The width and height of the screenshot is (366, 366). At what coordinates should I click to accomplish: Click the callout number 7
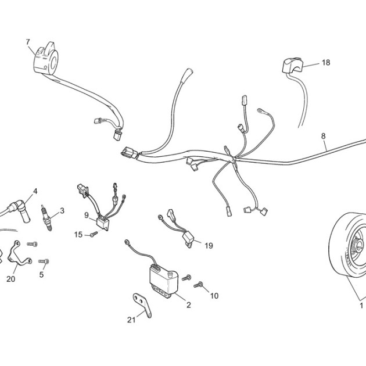point(28,42)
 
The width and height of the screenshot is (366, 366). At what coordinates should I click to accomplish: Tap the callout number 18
point(326,63)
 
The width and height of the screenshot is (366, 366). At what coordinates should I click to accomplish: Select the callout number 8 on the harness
point(323,136)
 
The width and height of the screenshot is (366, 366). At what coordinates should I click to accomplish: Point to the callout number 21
point(131,320)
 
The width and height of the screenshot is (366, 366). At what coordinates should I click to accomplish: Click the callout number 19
point(209,246)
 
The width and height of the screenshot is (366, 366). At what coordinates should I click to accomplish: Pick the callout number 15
point(78,234)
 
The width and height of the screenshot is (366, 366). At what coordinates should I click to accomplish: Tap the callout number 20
point(10,279)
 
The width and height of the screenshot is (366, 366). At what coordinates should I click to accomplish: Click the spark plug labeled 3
point(46,217)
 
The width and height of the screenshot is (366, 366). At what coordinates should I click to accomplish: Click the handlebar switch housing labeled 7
point(46,59)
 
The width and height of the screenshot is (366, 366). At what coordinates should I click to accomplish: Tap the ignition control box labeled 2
point(163,282)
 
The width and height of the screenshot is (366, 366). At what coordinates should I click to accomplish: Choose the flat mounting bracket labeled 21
point(142,304)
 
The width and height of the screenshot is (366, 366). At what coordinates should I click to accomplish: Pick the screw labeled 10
point(198,285)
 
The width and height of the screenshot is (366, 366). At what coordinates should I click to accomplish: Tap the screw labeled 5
point(44,261)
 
